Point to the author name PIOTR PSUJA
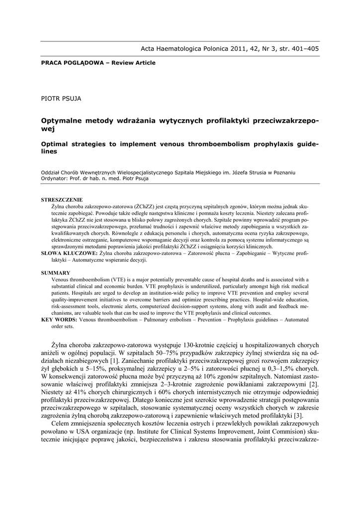[61, 98]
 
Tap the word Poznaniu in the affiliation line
[283, 172]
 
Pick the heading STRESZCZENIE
[62, 200]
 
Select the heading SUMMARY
[55, 273]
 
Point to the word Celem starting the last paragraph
[62, 424]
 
